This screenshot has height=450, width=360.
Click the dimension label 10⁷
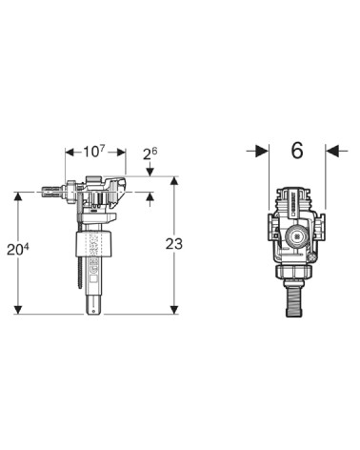pyautogui.click(x=94, y=152)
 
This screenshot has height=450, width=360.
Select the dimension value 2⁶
pyautogui.click(x=150, y=153)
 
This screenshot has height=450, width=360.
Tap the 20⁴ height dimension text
pyautogui.click(x=18, y=250)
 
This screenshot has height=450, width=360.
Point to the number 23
pyautogui.click(x=174, y=244)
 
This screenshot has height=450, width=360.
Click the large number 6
pyautogui.click(x=297, y=151)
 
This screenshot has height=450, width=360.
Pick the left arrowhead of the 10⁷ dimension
pyautogui.click(x=70, y=153)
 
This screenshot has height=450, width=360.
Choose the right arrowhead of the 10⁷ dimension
pyautogui.click(x=122, y=153)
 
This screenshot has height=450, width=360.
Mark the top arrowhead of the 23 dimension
pyautogui.click(x=174, y=180)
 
